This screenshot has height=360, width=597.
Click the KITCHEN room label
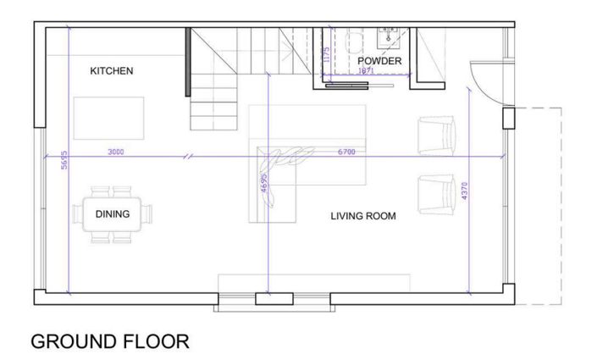[111, 71]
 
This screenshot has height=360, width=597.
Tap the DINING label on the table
[112, 214]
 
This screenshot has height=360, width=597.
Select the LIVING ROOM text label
[362, 216]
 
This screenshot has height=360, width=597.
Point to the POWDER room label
[379, 61]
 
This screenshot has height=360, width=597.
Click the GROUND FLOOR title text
[109, 341]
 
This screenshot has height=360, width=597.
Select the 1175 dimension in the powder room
[326, 56]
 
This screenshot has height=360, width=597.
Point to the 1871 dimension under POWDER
[366, 71]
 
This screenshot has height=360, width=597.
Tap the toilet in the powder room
[355, 40]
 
